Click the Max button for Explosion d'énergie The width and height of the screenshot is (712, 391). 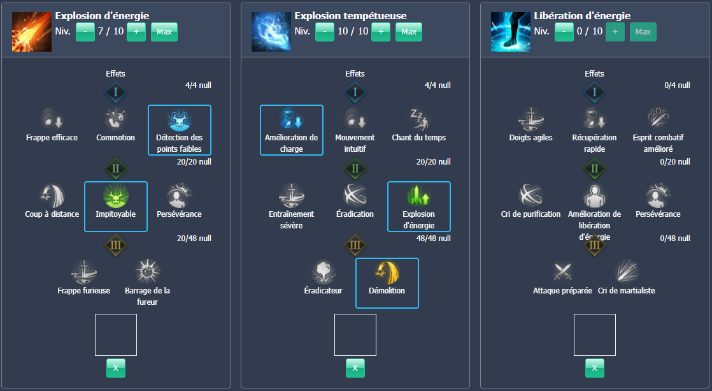(164, 32)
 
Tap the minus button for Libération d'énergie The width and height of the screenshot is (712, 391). (564, 32)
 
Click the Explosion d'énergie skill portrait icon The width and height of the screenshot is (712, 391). (32, 32)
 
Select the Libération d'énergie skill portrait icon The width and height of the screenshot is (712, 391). (511, 32)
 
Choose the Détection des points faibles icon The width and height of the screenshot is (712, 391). (179, 119)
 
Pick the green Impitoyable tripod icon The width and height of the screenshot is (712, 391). (115, 195)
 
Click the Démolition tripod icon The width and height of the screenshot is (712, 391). (387, 272)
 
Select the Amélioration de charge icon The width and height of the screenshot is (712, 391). (291, 119)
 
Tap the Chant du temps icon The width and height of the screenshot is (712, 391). (418, 119)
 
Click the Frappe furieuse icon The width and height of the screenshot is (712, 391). (83, 272)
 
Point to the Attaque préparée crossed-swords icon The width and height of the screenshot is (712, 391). (562, 272)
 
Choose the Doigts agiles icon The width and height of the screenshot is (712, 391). (530, 119)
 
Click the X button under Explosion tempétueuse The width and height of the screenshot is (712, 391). (355, 368)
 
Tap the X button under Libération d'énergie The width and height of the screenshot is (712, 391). (595, 368)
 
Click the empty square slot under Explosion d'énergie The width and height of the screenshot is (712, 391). (116, 335)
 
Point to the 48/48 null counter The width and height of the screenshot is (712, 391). (438, 239)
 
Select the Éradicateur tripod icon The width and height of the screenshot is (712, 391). (323, 272)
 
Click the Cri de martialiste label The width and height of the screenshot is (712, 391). (626, 291)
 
